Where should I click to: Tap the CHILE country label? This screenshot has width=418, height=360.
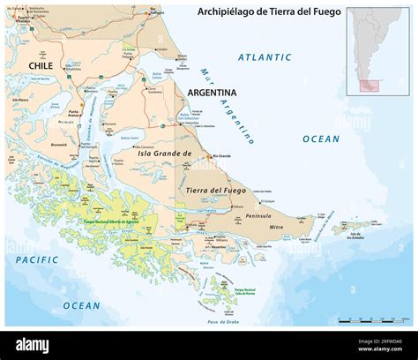41,65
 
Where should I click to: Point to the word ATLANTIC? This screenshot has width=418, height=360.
265,57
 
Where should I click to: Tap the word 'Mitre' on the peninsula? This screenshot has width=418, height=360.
278,227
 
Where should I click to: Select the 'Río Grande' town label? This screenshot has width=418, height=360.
224,156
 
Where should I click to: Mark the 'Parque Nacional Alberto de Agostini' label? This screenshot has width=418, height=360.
112,221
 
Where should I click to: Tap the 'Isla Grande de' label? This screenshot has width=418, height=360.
166,154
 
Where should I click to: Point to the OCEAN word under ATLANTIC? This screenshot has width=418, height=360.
320,139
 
